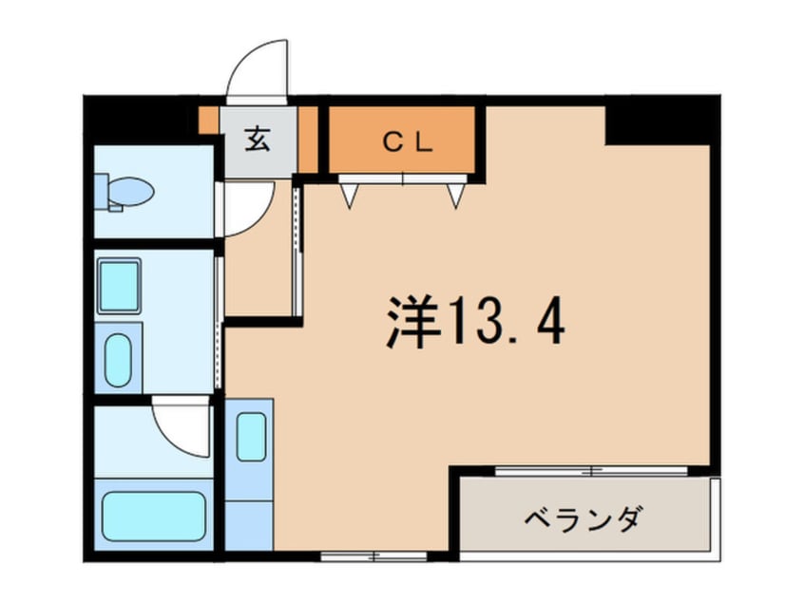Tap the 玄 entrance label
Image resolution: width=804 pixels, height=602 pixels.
[258, 140]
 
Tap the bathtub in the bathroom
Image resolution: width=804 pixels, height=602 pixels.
[153, 516]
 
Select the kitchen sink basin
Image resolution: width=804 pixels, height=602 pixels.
[251, 436]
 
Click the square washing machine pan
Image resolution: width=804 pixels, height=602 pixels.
[119, 285]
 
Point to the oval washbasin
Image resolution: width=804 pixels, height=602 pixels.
[119, 360]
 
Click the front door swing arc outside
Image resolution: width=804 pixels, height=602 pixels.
[258, 67]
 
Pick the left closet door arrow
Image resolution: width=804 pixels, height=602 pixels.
[349, 195]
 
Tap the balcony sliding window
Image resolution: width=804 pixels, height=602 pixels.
[590, 471]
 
